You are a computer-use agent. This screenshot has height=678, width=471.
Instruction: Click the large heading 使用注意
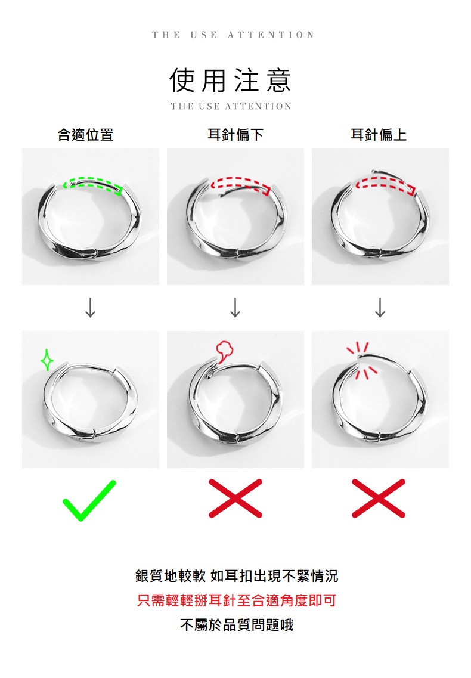click(230, 81)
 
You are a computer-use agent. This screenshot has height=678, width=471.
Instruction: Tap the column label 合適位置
click(85, 135)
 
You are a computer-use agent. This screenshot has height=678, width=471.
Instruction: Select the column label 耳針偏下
click(235, 135)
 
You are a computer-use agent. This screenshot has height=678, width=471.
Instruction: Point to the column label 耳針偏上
click(379, 135)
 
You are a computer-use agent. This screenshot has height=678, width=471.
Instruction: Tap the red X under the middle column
click(235, 498)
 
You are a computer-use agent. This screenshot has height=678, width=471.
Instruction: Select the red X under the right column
click(379, 498)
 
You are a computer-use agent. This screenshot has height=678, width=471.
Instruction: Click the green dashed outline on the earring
click(93, 179)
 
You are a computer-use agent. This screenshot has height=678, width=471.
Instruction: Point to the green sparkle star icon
click(47, 360)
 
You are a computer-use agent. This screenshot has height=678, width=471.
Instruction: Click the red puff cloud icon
click(224, 351)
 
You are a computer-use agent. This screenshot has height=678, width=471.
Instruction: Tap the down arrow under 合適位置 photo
click(90, 308)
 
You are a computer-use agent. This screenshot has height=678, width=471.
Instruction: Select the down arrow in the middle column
click(235, 308)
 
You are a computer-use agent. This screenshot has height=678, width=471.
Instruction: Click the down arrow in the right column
click(380, 308)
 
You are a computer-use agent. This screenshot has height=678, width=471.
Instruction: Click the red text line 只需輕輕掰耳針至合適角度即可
click(237, 600)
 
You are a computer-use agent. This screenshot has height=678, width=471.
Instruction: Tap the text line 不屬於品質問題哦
click(237, 625)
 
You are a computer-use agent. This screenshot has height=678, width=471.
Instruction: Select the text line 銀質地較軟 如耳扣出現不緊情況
click(237, 576)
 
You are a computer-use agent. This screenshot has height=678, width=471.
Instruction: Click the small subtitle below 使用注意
click(231, 106)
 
